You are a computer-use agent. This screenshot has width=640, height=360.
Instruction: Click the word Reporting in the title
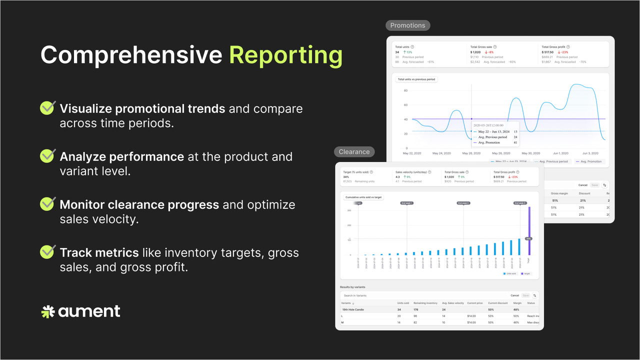coord(285,55)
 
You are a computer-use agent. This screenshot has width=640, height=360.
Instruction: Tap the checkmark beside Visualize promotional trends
coord(47,108)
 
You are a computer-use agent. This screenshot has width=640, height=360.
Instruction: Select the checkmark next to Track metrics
coord(47,252)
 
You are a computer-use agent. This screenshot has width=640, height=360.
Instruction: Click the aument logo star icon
coord(48,312)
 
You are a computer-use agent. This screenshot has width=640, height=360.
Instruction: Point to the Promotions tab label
coord(407,25)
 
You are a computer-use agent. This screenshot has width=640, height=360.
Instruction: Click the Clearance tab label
coord(354,152)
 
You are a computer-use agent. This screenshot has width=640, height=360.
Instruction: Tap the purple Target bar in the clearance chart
coord(529,230)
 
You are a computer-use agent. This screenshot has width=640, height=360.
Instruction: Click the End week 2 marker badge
coord(463,203)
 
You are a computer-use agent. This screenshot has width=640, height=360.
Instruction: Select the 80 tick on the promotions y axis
coord(405,90)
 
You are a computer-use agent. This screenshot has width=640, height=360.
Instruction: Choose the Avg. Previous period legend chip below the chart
coord(552,161)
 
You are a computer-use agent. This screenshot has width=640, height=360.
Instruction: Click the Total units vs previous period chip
coord(416,79)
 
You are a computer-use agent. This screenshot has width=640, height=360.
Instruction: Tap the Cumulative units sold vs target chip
coord(363,197)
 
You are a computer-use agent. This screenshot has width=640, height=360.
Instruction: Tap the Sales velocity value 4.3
coord(397,176)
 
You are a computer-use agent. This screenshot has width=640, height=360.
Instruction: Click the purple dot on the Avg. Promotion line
coord(471,119)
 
